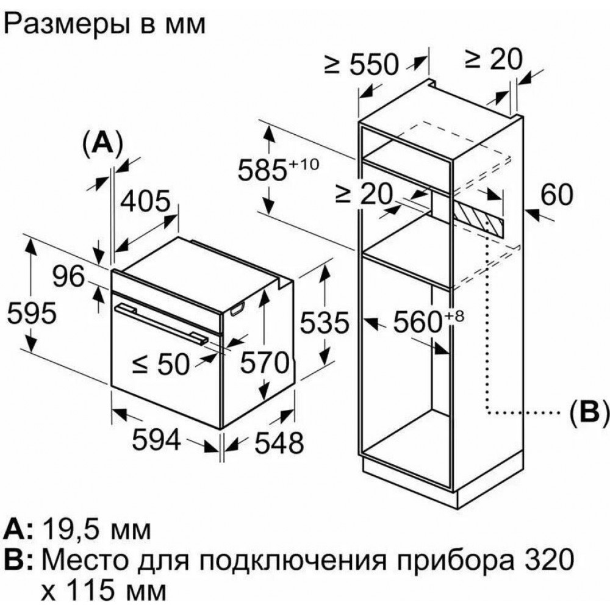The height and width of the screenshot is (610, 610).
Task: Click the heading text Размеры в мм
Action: point(106,25)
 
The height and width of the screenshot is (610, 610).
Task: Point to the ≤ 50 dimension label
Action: point(161,364)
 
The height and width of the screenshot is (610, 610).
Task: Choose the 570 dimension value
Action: point(263,364)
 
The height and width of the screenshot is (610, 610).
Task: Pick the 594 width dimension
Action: point(156,440)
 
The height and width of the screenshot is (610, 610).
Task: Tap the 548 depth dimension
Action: point(278,443)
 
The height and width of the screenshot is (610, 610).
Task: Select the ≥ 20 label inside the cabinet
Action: point(363,195)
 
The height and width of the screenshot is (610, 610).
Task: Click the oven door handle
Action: point(160,321)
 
